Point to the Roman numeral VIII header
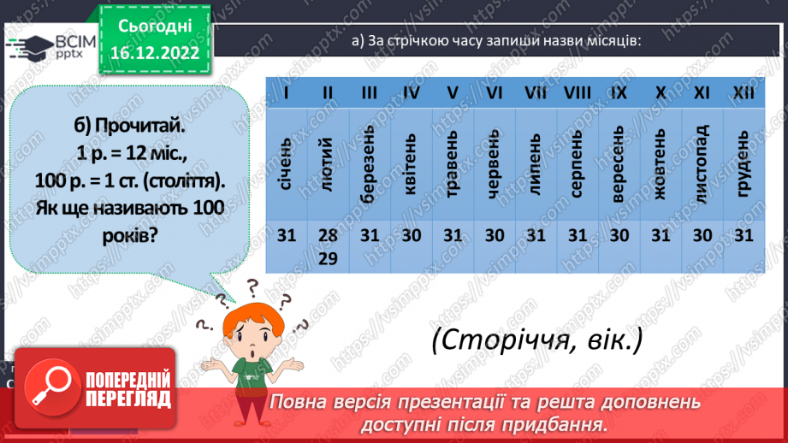578,92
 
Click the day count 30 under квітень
411,236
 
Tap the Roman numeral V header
453,92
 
